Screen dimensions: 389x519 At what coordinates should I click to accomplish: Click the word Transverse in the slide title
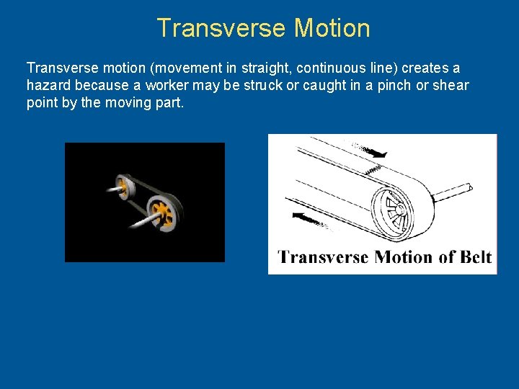[212, 28]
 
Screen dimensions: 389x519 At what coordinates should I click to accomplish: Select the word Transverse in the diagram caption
[324, 257]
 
